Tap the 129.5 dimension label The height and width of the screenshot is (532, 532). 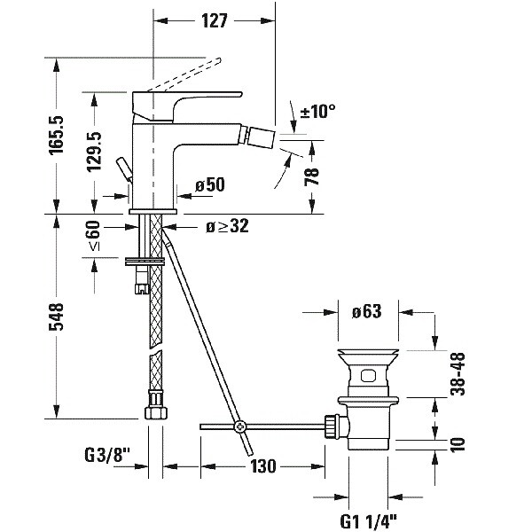tap(96, 151)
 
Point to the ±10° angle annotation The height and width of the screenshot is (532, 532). tap(318, 112)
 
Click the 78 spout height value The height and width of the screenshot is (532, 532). tap(311, 176)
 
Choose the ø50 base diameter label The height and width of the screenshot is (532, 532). tap(211, 185)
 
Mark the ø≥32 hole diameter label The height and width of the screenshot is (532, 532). tap(226, 227)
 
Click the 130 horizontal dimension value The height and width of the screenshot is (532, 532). tap(263, 465)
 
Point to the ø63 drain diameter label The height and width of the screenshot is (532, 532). tap(366, 311)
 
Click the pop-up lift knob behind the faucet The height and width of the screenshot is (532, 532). tap(125, 168)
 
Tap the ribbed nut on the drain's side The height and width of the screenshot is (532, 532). tap(333, 426)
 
